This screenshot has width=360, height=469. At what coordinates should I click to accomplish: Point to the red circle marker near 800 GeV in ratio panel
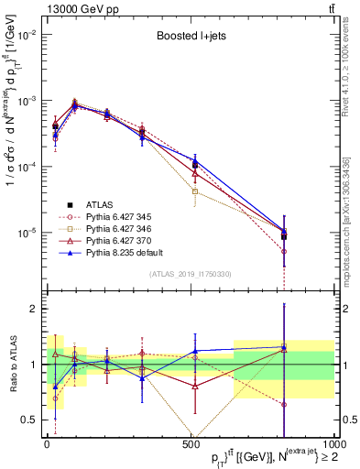[x=284, y=404]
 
